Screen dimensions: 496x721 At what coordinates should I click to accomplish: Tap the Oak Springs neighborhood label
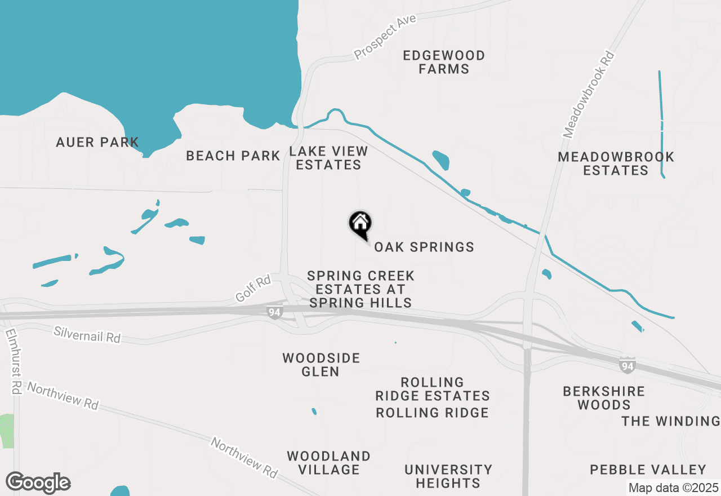click(x=424, y=247)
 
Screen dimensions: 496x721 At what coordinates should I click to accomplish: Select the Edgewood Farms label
click(x=444, y=62)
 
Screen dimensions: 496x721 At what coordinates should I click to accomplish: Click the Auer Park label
click(x=97, y=142)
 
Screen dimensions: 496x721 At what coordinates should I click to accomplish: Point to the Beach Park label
click(x=233, y=156)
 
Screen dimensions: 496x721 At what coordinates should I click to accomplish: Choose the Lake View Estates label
click(x=328, y=158)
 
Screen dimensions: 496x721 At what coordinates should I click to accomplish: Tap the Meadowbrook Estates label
click(x=616, y=163)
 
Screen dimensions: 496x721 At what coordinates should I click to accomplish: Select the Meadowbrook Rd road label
click(x=589, y=95)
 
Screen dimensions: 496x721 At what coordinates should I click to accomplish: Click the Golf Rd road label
click(x=253, y=287)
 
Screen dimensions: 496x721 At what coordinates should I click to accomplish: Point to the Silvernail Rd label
click(x=87, y=334)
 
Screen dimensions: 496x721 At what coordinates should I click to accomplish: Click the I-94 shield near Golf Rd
click(x=275, y=311)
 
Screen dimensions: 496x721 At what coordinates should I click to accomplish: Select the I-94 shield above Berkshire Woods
click(x=627, y=365)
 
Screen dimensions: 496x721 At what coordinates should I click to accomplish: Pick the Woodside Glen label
click(x=321, y=365)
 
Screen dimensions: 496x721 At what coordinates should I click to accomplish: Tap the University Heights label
click(x=448, y=476)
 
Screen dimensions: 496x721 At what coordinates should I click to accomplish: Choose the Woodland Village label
click(x=328, y=463)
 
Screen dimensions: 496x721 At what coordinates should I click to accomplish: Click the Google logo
click(x=38, y=482)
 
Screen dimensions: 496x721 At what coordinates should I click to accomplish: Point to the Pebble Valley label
click(x=648, y=470)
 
